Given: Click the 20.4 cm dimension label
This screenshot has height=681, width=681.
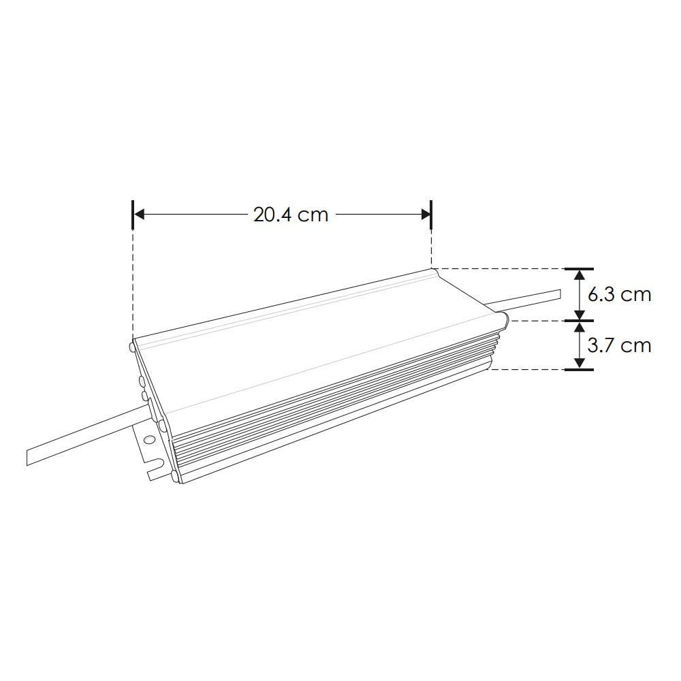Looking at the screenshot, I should click(291, 215).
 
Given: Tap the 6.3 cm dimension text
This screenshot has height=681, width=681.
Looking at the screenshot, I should click(618, 294).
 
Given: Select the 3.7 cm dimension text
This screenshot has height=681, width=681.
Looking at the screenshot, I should click(618, 345).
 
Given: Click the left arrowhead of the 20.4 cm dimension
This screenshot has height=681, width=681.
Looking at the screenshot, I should click(139, 215).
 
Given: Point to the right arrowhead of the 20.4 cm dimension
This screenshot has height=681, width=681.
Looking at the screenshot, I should click(425, 215).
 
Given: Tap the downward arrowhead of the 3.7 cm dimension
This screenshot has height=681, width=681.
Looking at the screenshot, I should click(579, 363).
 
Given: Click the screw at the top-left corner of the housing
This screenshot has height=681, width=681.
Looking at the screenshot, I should click(131, 347).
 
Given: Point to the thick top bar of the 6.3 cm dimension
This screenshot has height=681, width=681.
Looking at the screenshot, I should click(579, 269).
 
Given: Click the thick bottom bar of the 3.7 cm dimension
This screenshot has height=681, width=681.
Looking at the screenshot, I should click(579, 370).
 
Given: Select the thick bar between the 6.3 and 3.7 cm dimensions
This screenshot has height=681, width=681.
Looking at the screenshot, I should click(579, 320).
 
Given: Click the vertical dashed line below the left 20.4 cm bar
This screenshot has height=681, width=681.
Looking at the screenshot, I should click(133, 286).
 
